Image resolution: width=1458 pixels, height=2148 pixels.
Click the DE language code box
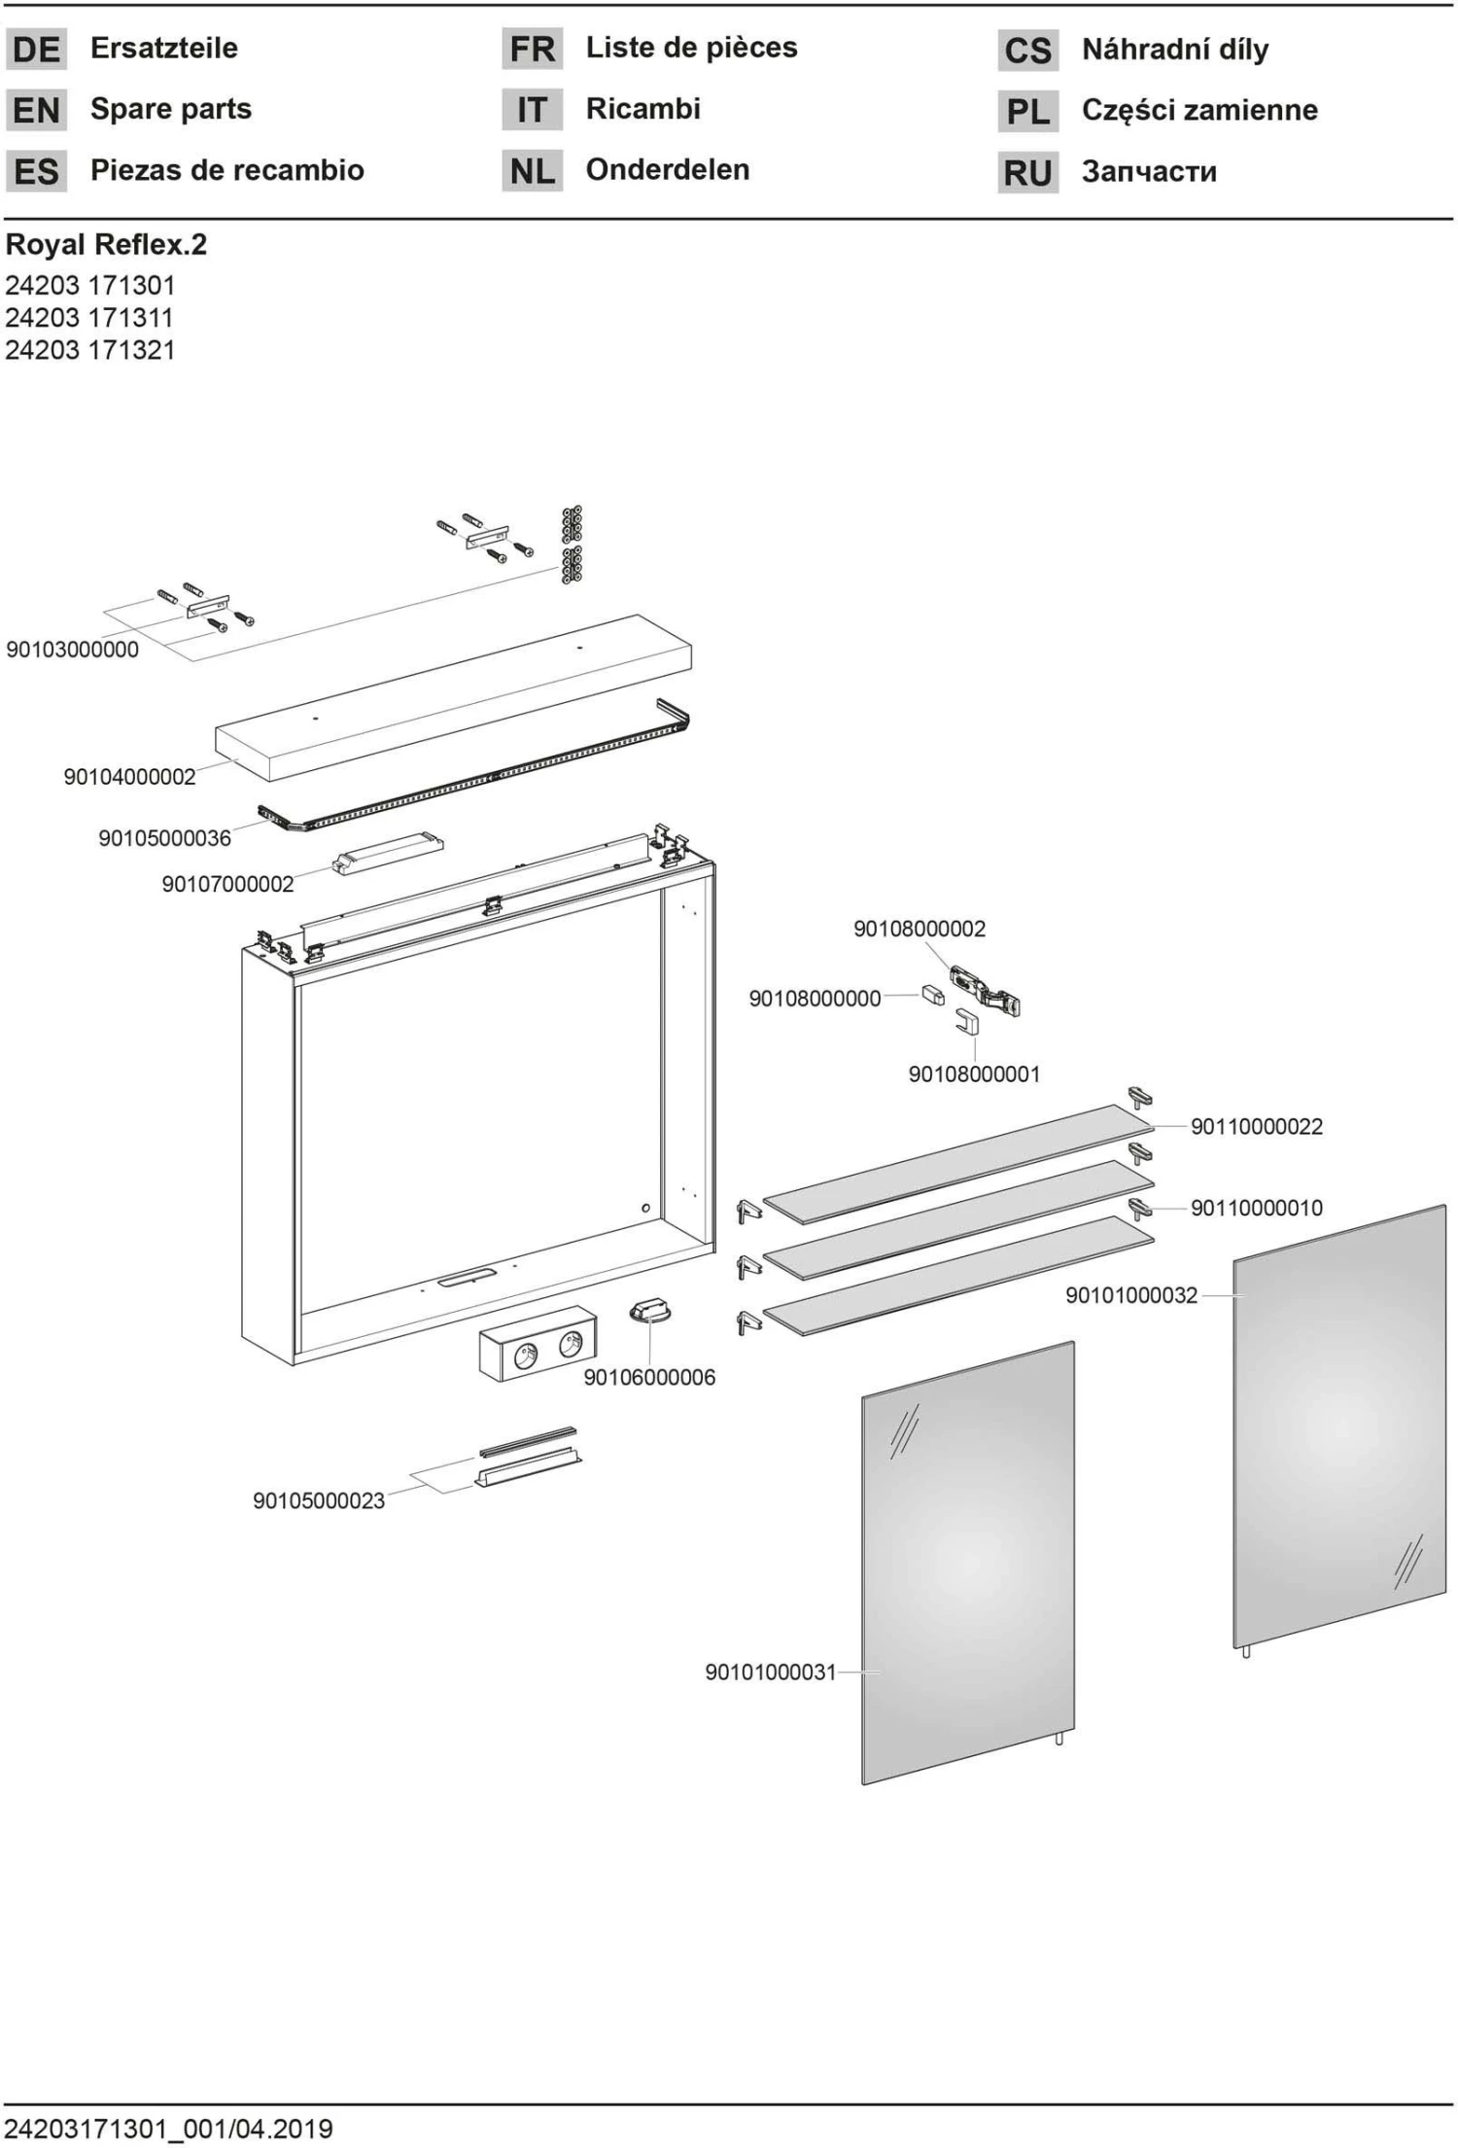click(37, 50)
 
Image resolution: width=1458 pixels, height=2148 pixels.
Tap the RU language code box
click(1027, 173)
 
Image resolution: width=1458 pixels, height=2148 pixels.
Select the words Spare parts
click(171, 109)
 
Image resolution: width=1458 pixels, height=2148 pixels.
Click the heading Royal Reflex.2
click(107, 244)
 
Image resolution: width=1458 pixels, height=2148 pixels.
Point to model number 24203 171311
click(89, 317)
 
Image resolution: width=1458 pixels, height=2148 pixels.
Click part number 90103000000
click(73, 650)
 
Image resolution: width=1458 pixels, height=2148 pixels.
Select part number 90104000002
click(130, 776)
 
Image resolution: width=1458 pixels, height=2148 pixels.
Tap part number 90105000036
click(165, 837)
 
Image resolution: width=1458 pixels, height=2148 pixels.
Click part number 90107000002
click(227, 884)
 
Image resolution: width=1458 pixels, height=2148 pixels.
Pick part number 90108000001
click(974, 1074)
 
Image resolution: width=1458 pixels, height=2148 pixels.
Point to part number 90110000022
click(1257, 1126)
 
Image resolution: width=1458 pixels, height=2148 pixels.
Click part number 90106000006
click(649, 1377)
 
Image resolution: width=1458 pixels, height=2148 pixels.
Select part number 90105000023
click(319, 1500)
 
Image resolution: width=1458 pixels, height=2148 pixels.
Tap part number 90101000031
click(771, 1672)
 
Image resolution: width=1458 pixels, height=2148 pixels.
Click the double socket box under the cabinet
click(538, 1343)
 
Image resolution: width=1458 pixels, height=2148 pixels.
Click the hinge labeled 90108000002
click(984, 989)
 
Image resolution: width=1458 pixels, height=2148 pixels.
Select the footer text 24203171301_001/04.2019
click(169, 2129)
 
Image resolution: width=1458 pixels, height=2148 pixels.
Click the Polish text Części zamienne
click(1199, 110)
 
